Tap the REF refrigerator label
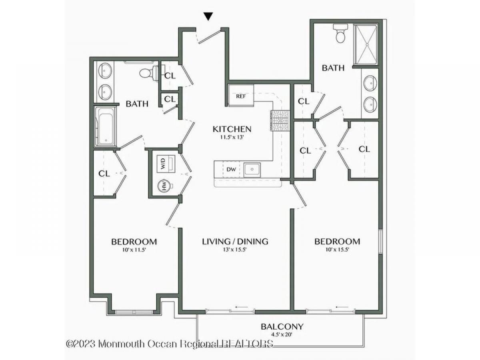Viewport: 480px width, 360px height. point(241,96)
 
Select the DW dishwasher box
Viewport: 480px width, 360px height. point(231,169)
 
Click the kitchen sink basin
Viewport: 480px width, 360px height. point(252,170)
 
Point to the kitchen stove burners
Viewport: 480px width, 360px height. point(280,120)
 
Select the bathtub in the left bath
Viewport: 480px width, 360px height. point(106,126)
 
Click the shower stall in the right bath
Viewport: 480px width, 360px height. point(366,44)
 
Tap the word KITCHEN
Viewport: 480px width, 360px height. point(232,129)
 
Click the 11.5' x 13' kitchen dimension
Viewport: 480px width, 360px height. point(232,138)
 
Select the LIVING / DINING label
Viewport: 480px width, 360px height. point(235,242)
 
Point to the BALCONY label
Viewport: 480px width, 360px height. point(282,327)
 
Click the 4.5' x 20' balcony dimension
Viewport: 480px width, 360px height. point(282,334)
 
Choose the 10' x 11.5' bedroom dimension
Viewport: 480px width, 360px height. point(134,250)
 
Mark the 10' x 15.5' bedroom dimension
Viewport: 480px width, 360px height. point(337,250)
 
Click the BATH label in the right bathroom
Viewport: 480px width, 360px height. point(333,68)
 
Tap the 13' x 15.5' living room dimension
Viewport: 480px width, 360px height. point(235,250)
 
